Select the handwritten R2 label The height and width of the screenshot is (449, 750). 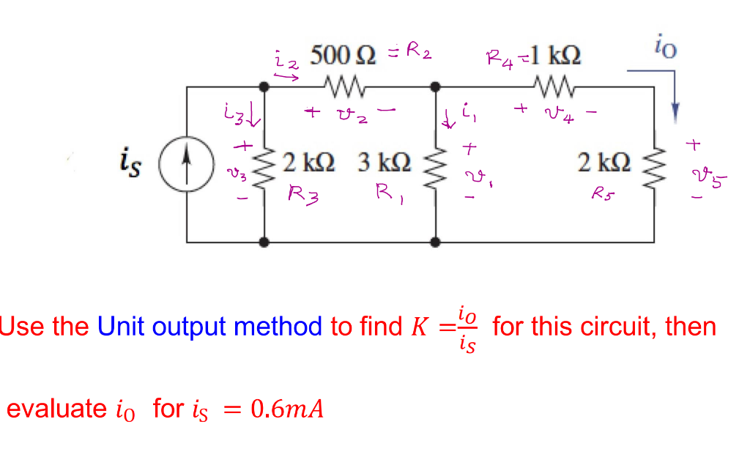(x=419, y=51)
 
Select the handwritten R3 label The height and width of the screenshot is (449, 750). (x=301, y=195)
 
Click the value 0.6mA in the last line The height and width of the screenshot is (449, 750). (x=286, y=409)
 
